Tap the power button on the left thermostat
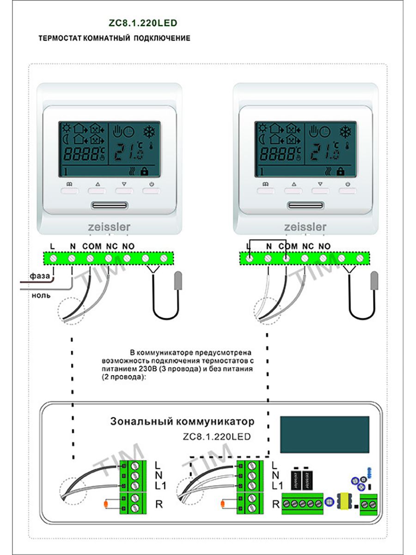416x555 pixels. [x=151, y=189]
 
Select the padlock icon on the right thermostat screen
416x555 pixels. [x=341, y=171]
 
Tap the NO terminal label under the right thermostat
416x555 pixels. [x=324, y=247]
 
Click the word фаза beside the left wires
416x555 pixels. [x=40, y=276]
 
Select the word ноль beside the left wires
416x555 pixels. [x=41, y=295]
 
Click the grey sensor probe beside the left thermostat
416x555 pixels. [x=177, y=281]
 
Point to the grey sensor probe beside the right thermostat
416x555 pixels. [x=374, y=281]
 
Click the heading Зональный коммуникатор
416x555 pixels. [x=182, y=422]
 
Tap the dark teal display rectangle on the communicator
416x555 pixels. [x=324, y=435]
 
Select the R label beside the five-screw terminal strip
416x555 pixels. [x=276, y=504]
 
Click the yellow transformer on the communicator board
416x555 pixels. [x=345, y=500]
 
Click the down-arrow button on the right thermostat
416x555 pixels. [x=320, y=189]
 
